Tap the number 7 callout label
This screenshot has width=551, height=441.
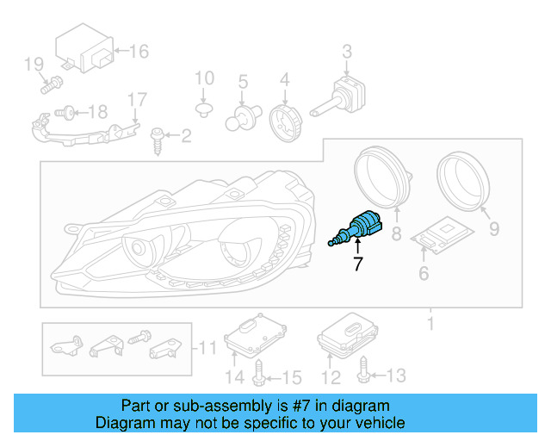coord(357,265)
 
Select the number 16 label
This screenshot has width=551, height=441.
coord(138,52)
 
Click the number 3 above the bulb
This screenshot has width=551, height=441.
coord(346,52)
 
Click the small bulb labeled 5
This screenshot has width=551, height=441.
coord(241,117)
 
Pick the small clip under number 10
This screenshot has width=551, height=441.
coord(204,109)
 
